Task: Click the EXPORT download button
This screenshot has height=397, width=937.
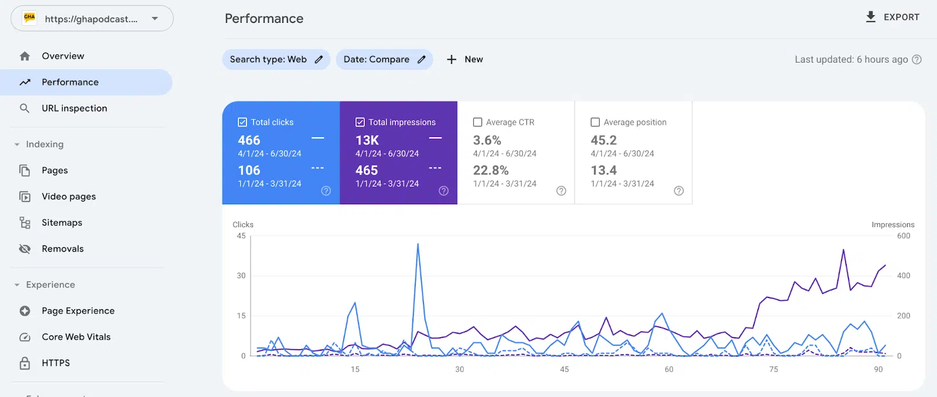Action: [x=892, y=17]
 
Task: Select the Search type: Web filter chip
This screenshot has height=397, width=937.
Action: [x=276, y=59]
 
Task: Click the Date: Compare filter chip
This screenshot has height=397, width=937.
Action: [x=384, y=59]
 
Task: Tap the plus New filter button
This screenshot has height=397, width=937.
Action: [x=465, y=59]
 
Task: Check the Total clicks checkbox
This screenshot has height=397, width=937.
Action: [x=242, y=122]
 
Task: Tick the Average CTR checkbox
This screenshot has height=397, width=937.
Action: [x=478, y=122]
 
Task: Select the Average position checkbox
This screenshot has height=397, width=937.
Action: [x=595, y=122]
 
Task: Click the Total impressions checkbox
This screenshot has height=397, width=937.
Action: [x=360, y=122]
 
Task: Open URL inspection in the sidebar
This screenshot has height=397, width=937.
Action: [x=74, y=108]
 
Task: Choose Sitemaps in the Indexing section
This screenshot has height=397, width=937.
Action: [x=61, y=223]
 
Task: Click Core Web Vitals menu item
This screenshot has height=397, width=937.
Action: [x=76, y=337]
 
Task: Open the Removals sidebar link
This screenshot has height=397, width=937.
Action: [x=62, y=249]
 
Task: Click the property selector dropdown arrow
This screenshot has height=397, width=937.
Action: [x=155, y=18]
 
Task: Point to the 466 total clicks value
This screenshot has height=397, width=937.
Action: [x=249, y=140]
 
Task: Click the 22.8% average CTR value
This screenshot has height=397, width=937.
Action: [x=491, y=170]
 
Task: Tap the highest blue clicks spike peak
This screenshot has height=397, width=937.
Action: [x=418, y=244]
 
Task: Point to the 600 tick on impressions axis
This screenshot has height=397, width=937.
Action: [x=904, y=236]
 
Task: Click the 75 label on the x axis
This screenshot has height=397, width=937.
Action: [x=774, y=369]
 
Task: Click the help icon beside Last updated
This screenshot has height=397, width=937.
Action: [x=917, y=59]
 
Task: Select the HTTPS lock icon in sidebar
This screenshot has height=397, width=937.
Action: [x=25, y=363]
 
